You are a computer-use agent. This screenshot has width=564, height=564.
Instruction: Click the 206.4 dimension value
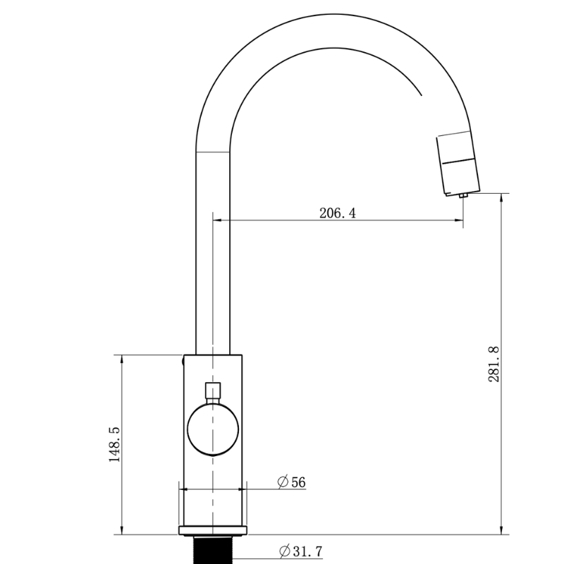pos(338,213)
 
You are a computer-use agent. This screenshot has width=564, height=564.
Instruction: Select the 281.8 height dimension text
pos(494,364)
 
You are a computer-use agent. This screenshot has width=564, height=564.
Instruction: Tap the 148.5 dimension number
pos(114,444)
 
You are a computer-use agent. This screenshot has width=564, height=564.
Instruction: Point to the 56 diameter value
pos(298,482)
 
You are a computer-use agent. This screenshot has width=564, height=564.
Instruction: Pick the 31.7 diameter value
pos(308,551)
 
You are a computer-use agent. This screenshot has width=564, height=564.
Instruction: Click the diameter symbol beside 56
pos(283,482)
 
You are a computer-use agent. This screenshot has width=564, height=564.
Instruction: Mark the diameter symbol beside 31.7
pos(285,551)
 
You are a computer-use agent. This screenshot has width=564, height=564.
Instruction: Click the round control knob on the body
pos(213,429)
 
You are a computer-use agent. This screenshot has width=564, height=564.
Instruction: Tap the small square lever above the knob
pos(213,391)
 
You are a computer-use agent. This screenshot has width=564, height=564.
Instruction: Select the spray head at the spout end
pos(458,163)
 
